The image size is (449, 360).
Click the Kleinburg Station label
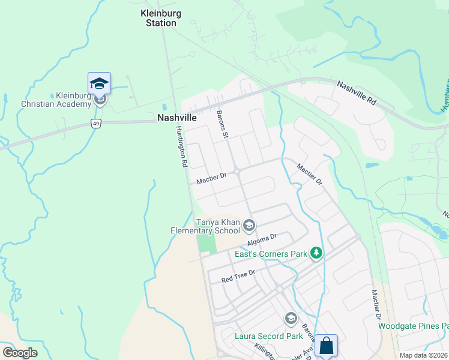158,18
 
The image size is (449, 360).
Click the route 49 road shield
95,123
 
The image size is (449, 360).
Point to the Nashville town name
177,118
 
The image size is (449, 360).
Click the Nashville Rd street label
356,94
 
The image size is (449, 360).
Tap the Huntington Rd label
182,147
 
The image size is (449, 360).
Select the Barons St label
221,125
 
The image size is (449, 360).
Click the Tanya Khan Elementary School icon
249,226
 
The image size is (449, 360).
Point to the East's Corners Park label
271,254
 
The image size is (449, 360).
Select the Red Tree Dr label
238,277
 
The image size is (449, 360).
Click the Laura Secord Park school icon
291,318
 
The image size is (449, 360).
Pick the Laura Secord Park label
269,336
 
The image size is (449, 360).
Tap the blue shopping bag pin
326,346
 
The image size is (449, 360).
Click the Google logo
20,352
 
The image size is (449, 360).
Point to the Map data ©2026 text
424,355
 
